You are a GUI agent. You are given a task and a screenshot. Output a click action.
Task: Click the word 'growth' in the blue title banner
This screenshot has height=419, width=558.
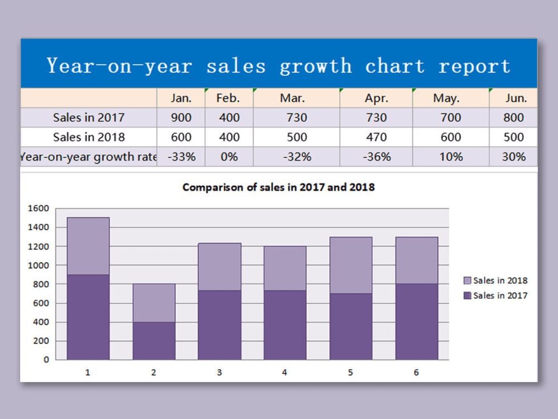click(315, 66)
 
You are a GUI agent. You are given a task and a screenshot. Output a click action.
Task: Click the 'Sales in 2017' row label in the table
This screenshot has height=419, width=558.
click(89, 117)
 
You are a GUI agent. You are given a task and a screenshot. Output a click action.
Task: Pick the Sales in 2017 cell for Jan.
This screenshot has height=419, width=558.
click(181, 117)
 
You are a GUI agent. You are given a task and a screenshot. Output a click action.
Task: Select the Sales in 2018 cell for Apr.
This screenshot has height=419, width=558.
click(376, 137)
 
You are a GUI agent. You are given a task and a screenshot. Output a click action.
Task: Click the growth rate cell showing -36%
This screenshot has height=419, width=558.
click(376, 156)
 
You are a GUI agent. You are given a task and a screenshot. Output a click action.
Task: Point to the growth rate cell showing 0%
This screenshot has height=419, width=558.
click(229, 156)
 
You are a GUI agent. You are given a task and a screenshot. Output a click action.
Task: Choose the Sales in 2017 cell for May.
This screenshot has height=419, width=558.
click(450, 117)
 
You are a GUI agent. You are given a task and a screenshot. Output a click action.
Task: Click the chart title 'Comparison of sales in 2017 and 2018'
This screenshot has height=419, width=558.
click(278, 187)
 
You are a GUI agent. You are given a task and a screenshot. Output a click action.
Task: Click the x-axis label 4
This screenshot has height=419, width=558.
click(285, 373)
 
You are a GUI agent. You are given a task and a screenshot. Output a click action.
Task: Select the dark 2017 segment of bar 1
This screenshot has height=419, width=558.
click(88, 317)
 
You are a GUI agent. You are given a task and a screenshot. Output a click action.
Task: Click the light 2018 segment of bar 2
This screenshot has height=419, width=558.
click(153, 303)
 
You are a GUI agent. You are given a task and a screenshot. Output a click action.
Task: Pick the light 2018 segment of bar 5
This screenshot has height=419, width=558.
click(350, 265)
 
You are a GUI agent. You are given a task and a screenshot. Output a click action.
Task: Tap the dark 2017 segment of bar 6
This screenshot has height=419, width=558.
click(416, 321)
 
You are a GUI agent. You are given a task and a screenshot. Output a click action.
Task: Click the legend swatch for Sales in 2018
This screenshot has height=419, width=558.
click(467, 280)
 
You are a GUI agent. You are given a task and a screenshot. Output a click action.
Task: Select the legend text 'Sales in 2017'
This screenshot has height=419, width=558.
click(500, 296)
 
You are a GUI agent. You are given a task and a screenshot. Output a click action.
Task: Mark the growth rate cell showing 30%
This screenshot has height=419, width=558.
click(513, 156)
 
